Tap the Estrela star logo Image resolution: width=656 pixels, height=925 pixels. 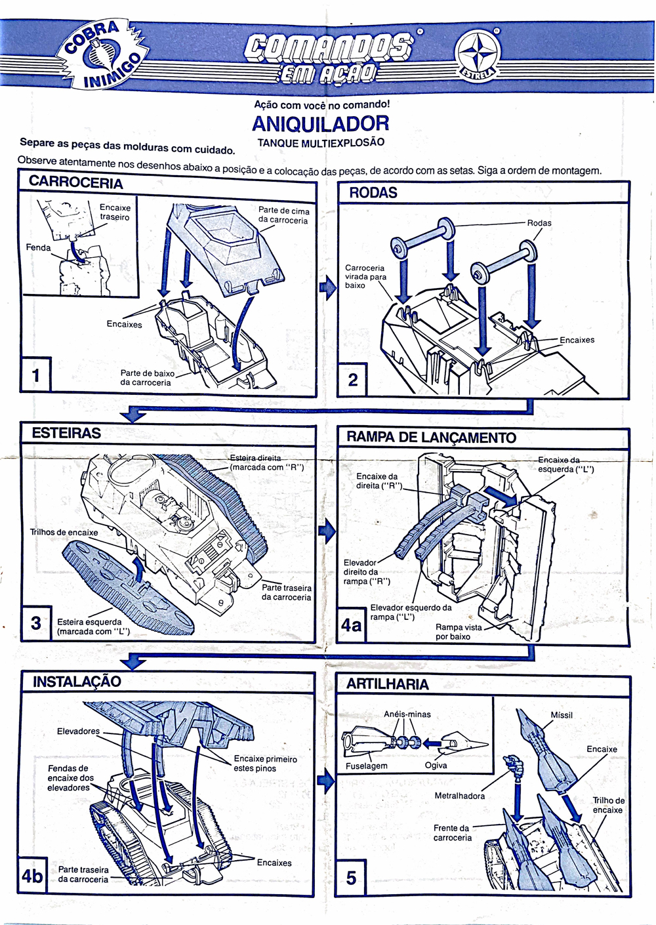click(478, 54)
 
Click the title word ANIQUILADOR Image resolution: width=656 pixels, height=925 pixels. click(321, 123)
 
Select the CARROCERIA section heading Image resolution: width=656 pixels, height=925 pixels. click(75, 182)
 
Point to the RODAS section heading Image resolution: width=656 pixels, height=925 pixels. click(373, 193)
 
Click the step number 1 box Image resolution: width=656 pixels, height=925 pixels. click(35, 375)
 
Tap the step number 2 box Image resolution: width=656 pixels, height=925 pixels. click(352, 379)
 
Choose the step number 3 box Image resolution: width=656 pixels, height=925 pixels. click(36, 623)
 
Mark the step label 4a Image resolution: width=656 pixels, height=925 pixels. click(352, 625)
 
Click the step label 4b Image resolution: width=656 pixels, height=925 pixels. click(32, 876)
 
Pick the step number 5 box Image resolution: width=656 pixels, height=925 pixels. click(351, 878)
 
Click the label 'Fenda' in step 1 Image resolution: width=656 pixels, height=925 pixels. click(38, 247)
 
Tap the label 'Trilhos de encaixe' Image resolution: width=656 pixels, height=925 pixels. click(64, 532)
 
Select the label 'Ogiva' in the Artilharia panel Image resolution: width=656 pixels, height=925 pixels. click(436, 766)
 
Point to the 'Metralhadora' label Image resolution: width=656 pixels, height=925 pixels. click(459, 796)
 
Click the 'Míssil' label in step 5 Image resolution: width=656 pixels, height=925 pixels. click(562, 715)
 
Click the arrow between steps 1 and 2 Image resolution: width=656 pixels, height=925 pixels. click(327, 287)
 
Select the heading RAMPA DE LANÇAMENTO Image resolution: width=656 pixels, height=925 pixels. click(431, 438)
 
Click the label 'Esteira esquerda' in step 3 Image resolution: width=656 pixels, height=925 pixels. click(89, 622)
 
